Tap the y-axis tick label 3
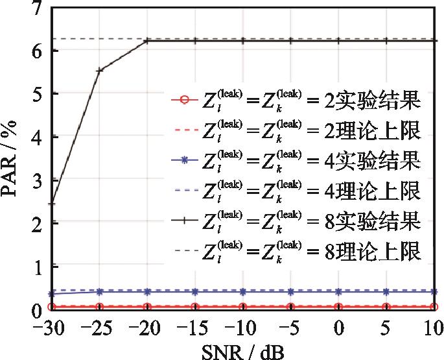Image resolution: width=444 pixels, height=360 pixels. click(x=36, y=180)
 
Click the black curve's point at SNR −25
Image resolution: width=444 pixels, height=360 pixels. click(x=99, y=70)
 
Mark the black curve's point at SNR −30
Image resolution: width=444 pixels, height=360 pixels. click(x=52, y=204)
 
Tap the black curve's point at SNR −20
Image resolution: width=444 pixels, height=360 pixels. click(x=147, y=41)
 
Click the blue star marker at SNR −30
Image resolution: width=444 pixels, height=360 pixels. click(x=52, y=293)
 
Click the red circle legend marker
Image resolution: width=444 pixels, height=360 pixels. click(x=183, y=101)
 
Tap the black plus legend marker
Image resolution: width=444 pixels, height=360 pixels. click(x=183, y=221)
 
